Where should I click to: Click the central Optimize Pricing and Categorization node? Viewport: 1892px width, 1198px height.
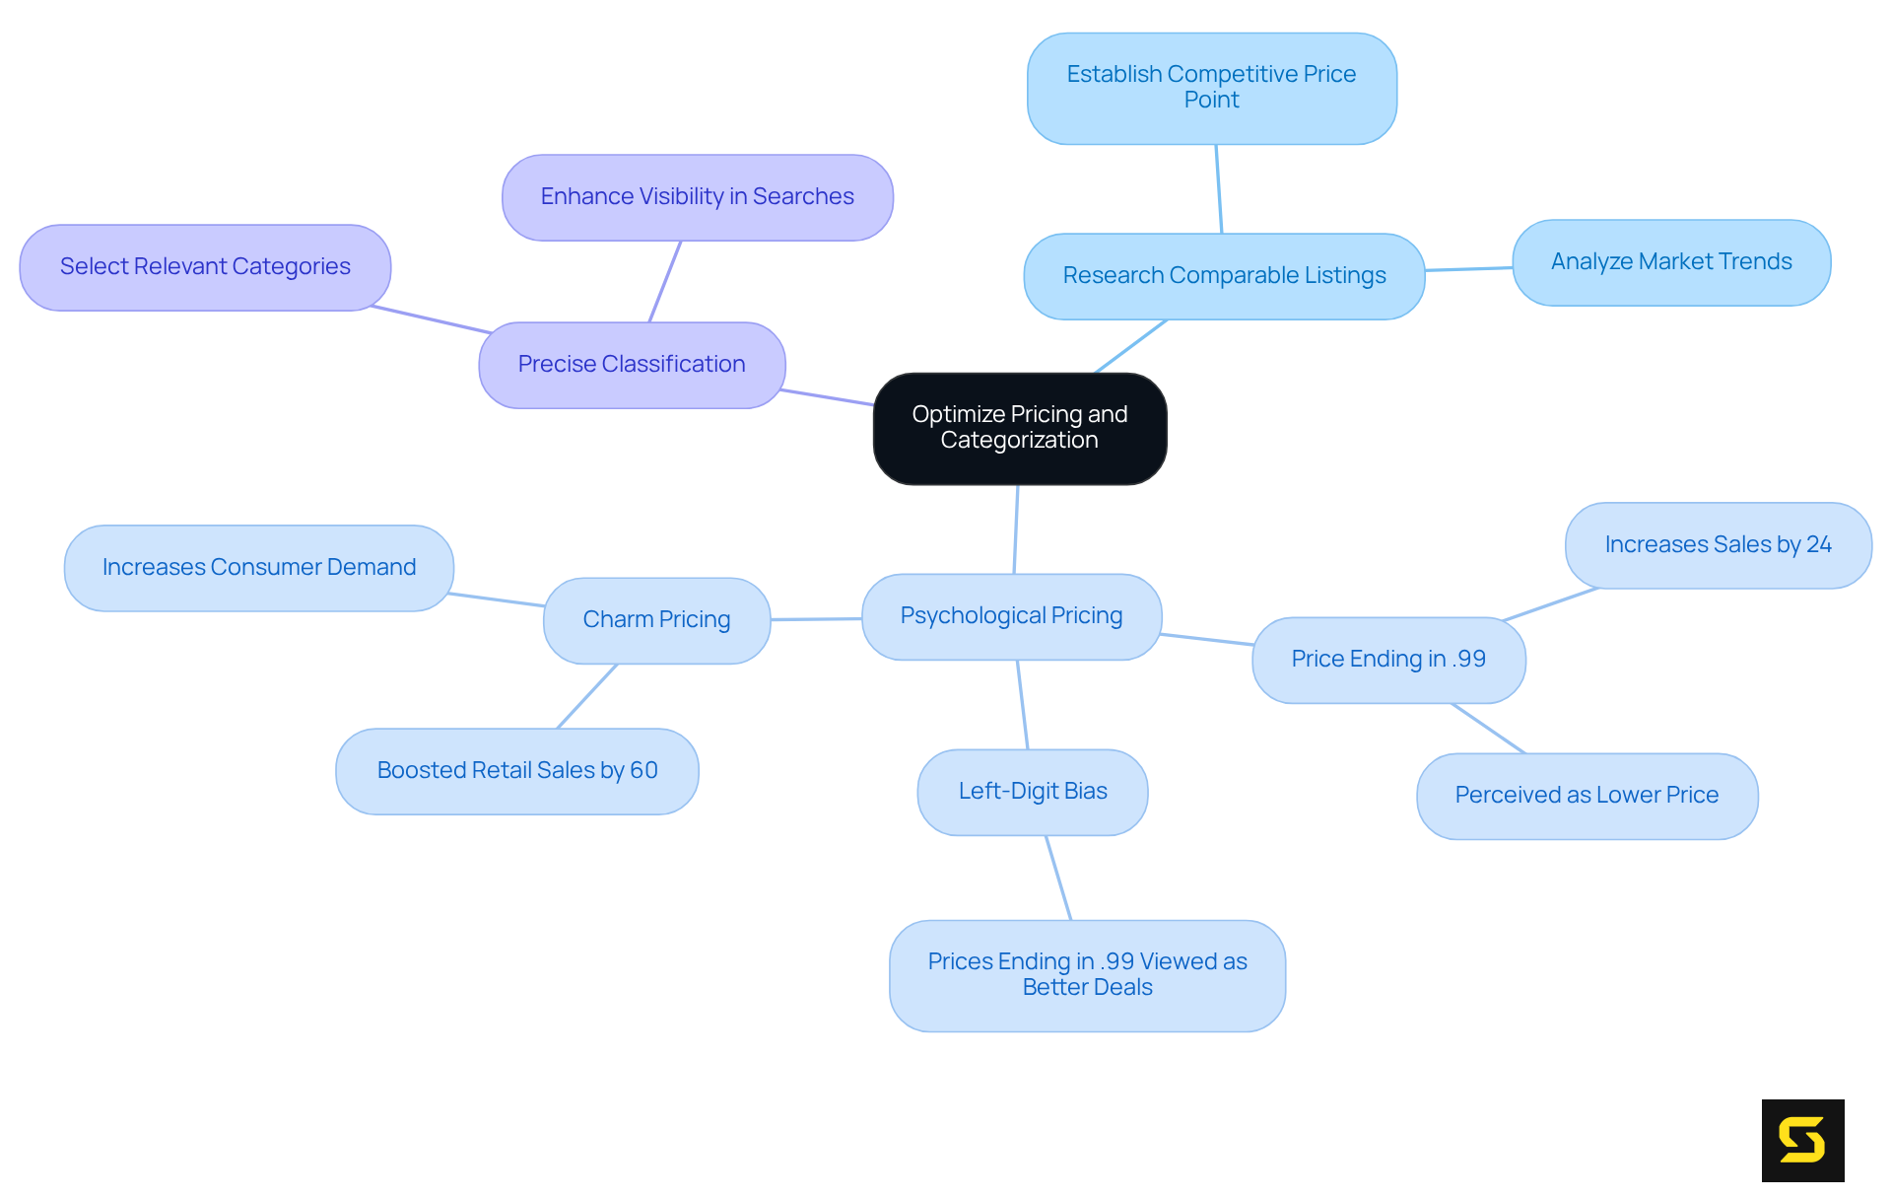click(x=1020, y=428)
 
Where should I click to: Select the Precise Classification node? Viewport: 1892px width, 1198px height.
click(x=632, y=365)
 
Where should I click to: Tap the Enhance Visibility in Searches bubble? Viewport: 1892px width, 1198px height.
click(x=697, y=197)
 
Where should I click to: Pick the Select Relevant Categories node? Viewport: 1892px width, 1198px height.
click(x=205, y=267)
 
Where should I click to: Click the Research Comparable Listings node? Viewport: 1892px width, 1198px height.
click(x=1224, y=276)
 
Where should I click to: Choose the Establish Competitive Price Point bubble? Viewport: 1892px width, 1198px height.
click(x=1211, y=88)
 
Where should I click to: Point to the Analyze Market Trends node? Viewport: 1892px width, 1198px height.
click(x=1671, y=262)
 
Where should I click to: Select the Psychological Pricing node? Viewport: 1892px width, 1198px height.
click(x=1011, y=616)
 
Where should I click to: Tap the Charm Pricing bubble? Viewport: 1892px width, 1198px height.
click(x=656, y=620)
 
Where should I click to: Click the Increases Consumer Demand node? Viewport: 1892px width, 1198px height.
click(x=258, y=568)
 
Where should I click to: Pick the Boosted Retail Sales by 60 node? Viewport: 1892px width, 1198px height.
click(x=516, y=771)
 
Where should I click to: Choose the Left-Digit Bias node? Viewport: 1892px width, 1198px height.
click(x=1032, y=792)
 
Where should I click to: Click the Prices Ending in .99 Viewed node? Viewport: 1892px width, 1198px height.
click(x=1087, y=975)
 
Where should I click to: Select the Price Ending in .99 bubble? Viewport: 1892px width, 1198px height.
click(x=1388, y=660)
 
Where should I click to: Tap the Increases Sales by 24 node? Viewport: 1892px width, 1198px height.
click(x=1718, y=545)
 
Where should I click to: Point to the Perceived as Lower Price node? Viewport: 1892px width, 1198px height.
click(x=1587, y=796)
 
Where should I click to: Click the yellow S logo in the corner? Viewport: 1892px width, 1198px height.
click(x=1802, y=1140)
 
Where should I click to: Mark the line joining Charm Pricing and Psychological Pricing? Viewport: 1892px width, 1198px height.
click(x=816, y=619)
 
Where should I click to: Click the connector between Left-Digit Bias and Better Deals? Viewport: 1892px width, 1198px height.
click(x=1058, y=878)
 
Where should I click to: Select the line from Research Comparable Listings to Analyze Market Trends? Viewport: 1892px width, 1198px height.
click(x=1468, y=269)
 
